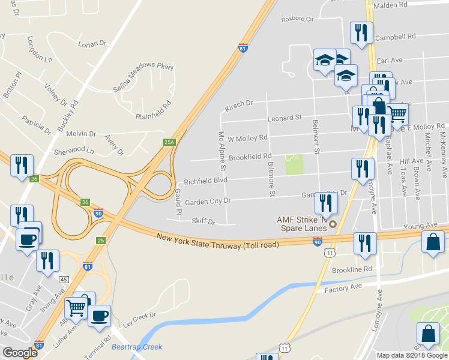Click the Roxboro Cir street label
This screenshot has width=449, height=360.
click(x=298, y=19)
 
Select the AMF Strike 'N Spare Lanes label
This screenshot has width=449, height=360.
click(x=300, y=224)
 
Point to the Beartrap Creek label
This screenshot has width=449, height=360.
click(x=137, y=347)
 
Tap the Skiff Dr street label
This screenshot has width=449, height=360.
click(x=203, y=221)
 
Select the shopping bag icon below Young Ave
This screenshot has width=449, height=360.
click(x=432, y=242)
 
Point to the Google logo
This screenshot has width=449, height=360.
click(x=20, y=353)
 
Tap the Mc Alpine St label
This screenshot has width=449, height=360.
click(x=222, y=149)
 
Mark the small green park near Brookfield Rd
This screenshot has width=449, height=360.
click(x=294, y=164)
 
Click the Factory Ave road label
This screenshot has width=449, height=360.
click(x=343, y=289)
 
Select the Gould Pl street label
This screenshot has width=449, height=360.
click(x=178, y=202)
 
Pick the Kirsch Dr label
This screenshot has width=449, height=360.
click(x=239, y=105)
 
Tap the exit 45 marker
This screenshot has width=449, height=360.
click(x=63, y=279)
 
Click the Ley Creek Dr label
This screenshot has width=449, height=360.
click(x=139, y=316)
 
